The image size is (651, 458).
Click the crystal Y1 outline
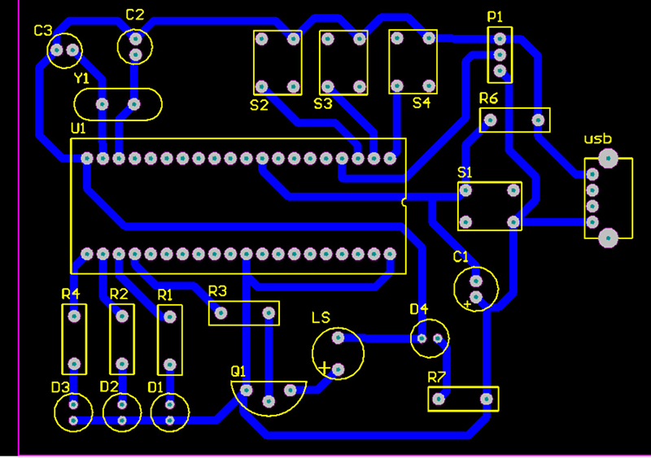pos(118,104)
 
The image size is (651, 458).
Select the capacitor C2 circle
pos(135,46)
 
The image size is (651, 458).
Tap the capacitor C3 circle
pos(64,50)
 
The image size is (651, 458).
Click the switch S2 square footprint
pos(277,62)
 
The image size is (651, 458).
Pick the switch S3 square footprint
pos(343,62)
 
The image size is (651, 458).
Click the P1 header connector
pos(500,55)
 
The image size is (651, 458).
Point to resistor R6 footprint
pos(513,121)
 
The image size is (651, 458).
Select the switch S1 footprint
pos(489,206)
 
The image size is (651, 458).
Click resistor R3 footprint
pos(243,312)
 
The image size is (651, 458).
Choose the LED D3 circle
pos(73,412)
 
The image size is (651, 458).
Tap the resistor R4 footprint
pos(73,339)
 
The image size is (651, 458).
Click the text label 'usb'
pos(597,139)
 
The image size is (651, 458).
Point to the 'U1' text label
pos(78,129)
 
